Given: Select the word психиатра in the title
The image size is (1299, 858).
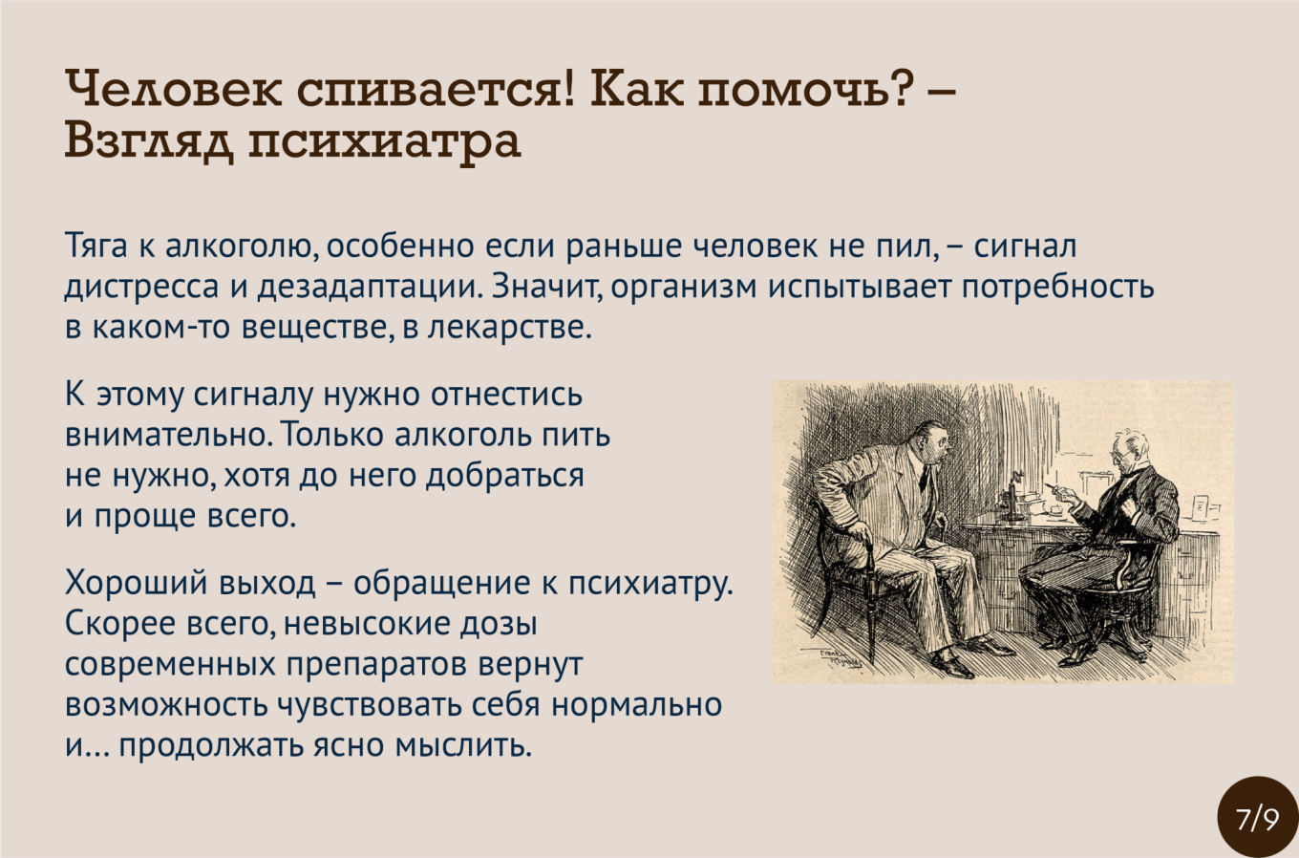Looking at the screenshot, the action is pos(385,143).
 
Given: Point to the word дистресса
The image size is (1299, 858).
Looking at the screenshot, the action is pos(141,288).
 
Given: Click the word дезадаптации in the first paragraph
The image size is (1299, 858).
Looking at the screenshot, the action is pos(371,289).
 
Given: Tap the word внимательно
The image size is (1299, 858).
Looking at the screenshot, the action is pos(169,435).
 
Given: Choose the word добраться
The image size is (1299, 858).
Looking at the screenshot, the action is pos(505,476).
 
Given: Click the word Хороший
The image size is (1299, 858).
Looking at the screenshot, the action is pos(137,584).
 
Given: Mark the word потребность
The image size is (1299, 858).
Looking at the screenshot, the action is pos(1058,289).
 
